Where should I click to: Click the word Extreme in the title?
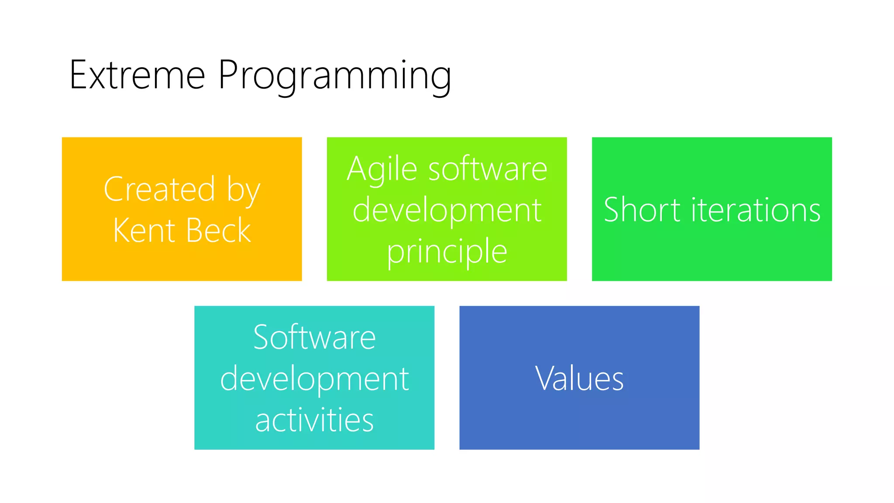(137, 75)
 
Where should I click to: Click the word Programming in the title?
(334, 75)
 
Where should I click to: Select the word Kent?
(144, 230)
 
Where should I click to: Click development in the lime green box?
(447, 210)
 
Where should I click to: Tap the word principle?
(447, 252)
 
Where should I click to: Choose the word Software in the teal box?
(314, 337)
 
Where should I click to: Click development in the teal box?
(314, 379)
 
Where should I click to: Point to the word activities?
(314, 420)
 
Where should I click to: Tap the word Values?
(579, 378)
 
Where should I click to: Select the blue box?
(579, 419)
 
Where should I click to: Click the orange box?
(182, 262)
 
